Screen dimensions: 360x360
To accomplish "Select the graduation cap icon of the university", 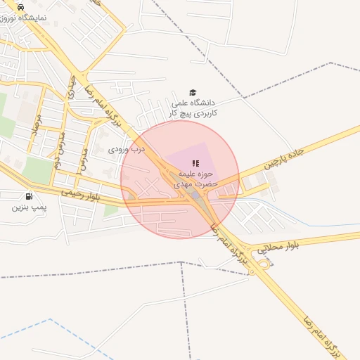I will [192, 92].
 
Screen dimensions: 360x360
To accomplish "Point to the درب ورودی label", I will [127, 150].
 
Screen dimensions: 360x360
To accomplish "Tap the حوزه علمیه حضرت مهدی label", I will [196, 179].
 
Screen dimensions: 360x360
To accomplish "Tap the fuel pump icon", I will [29, 197].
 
